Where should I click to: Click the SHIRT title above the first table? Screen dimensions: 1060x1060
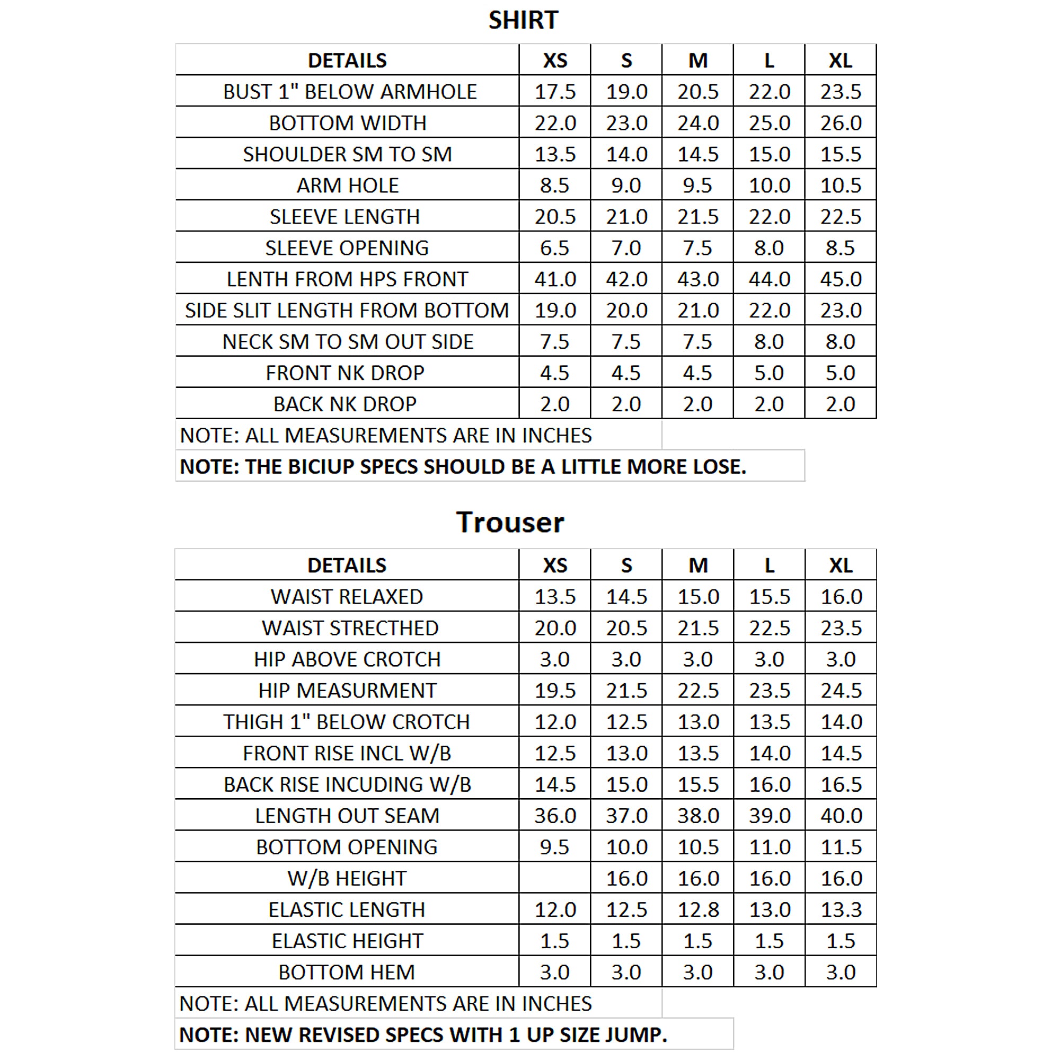[x=523, y=20]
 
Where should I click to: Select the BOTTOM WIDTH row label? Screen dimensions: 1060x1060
[x=347, y=123]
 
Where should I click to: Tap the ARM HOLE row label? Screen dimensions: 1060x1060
[x=347, y=185]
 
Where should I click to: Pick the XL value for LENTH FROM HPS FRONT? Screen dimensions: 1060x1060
[x=841, y=279]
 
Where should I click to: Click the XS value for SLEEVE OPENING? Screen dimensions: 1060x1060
[x=555, y=248]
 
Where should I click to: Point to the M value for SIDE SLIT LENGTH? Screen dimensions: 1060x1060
[x=698, y=311]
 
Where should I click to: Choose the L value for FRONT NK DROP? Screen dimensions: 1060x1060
[x=769, y=373]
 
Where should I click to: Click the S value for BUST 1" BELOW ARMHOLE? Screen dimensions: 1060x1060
[x=626, y=92]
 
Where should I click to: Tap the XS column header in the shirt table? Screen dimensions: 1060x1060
[x=555, y=60]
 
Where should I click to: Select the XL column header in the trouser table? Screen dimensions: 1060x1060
[x=841, y=566]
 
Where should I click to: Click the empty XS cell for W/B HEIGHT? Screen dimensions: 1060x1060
[x=555, y=878]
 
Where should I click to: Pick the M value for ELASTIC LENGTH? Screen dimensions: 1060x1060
[x=698, y=909]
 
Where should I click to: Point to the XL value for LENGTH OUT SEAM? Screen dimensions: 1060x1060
[x=841, y=816]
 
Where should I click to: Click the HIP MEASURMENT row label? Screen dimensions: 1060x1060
[x=347, y=691]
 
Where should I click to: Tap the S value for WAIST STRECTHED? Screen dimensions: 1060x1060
[x=626, y=628]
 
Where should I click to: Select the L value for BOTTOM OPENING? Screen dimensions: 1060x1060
[x=769, y=847]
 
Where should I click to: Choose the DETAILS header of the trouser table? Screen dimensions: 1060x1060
[x=347, y=566]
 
